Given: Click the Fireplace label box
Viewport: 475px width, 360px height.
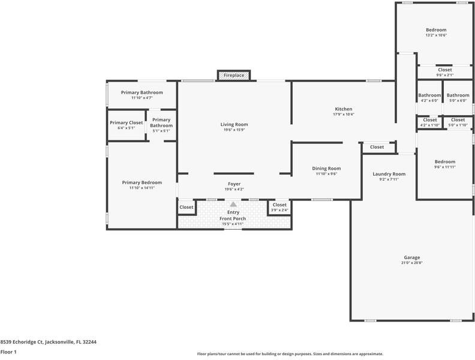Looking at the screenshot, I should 234,75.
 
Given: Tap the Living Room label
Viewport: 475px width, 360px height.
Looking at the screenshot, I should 234,124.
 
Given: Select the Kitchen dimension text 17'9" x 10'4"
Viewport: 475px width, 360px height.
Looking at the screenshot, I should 344,115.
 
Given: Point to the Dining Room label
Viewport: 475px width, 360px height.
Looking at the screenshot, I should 326,169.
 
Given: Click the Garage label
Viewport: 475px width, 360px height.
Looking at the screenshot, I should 411,257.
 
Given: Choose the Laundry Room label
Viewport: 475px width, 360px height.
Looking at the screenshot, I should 389,174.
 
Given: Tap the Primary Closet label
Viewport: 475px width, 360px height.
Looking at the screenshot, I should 127,122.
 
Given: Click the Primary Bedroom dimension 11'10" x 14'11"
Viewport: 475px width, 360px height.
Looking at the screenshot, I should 142,188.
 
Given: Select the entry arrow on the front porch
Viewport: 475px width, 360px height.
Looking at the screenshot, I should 234,205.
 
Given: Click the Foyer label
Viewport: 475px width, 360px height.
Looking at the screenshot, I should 234,184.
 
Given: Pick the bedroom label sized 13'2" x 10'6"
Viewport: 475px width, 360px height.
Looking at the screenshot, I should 436,30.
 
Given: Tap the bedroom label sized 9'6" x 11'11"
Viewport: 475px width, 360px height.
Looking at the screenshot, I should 445,161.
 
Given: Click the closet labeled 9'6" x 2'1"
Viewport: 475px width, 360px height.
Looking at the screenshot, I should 445,75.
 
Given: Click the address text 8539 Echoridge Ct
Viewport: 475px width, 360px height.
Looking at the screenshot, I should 48,342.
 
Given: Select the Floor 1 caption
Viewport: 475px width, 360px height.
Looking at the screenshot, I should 8,352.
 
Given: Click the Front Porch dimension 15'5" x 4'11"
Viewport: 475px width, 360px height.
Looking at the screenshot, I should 234,224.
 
